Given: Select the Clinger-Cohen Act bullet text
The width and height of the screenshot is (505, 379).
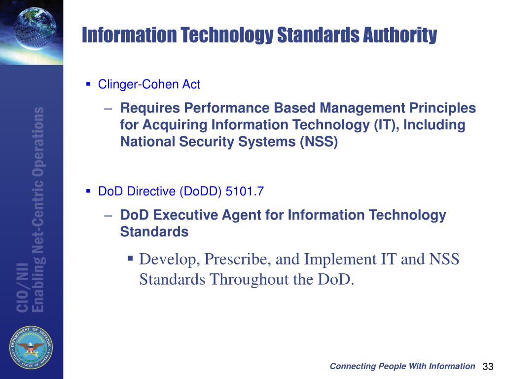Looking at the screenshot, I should pos(149,84).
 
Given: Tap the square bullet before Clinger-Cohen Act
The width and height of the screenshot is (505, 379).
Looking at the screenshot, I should pos(88,84).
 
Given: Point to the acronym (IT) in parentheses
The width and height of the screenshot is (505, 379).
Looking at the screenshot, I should pos(385,125).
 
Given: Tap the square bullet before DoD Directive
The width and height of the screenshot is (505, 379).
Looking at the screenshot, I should pos(88,191).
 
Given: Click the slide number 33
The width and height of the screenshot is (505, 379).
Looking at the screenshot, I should pos(488,367).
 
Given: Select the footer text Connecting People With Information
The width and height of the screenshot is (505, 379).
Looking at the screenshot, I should pos(402,366).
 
